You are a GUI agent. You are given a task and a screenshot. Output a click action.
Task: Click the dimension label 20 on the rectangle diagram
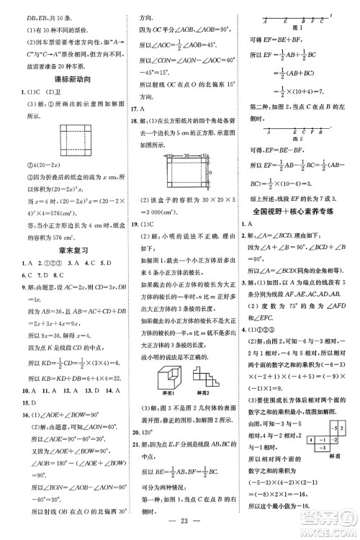210,174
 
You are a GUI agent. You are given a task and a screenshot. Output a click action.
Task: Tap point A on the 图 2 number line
249,132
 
